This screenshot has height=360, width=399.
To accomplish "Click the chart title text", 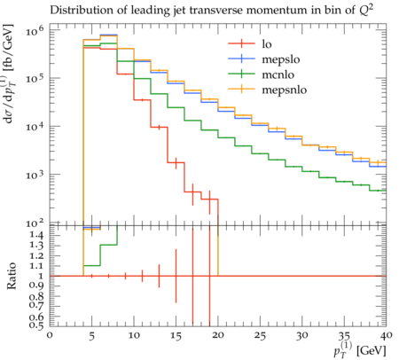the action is coord(211,11).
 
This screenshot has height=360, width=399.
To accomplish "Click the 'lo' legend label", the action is coord(267,44).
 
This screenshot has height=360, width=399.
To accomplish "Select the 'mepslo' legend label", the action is coord(281,59).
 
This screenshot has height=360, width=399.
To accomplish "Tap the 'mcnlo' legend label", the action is coord(278,74).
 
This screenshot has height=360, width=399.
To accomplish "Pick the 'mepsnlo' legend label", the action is coord(285,90).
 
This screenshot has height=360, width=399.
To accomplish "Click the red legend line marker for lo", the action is coord(241,43).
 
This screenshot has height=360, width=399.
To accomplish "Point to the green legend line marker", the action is coord(241,74).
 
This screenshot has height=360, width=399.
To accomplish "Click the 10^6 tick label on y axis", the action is coord(35,30).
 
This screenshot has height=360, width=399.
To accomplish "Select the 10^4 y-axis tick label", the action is coord(35,126).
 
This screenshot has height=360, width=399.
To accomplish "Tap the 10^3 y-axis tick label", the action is coord(35,175).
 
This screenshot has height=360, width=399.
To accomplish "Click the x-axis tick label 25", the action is coord(261,336).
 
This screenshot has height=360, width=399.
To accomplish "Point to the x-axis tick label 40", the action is coord(386,335).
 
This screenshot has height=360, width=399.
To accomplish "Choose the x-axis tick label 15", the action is coord(176,336).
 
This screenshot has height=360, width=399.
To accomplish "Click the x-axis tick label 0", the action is coord(50,335).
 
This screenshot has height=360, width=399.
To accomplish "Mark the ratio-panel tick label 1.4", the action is coord(36,236).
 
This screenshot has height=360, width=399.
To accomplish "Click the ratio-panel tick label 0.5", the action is coord(36,325).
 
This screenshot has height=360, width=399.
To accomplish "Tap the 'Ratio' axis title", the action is coord(12,276).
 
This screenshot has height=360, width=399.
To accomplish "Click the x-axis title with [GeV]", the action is coord(359,351).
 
